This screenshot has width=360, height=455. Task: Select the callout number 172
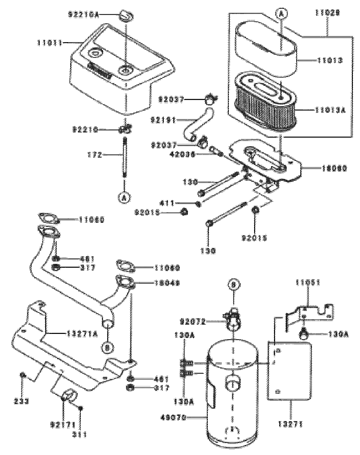tap(94, 156)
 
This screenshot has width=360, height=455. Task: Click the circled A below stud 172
tap(125, 197)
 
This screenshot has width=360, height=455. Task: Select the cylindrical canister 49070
tap(234, 398)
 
